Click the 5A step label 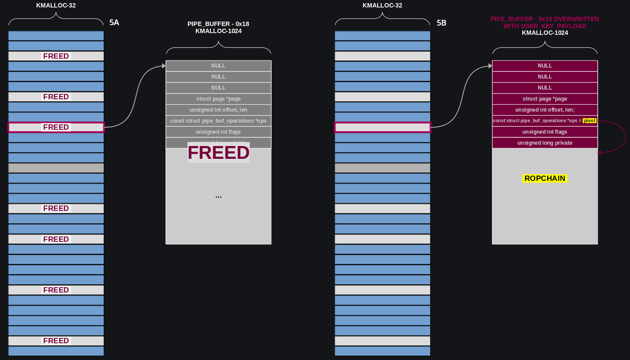pyautogui.click(x=114, y=23)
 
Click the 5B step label pyautogui.click(x=441, y=23)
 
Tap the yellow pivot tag pyautogui.click(x=589, y=121)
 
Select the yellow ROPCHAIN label pyautogui.click(x=544, y=179)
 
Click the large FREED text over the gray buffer pyautogui.click(x=218, y=153)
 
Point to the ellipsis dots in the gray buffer pyautogui.click(x=218, y=196)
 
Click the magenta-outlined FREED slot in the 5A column pyautogui.click(x=56, y=127)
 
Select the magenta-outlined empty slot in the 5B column pyautogui.click(x=382, y=127)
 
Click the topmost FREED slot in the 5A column pyautogui.click(x=56, y=56)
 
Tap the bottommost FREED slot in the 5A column pyautogui.click(x=56, y=341)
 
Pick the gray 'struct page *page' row pyautogui.click(x=218, y=99)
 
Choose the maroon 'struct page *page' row pyautogui.click(x=545, y=99)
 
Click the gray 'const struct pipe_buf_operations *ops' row pyautogui.click(x=218, y=121)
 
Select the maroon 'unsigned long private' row pyautogui.click(x=545, y=143)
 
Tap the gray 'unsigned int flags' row pyautogui.click(x=218, y=132)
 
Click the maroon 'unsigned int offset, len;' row pyautogui.click(x=545, y=110)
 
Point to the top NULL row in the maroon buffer pyautogui.click(x=545, y=66)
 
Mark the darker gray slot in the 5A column pyautogui.click(x=56, y=168)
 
